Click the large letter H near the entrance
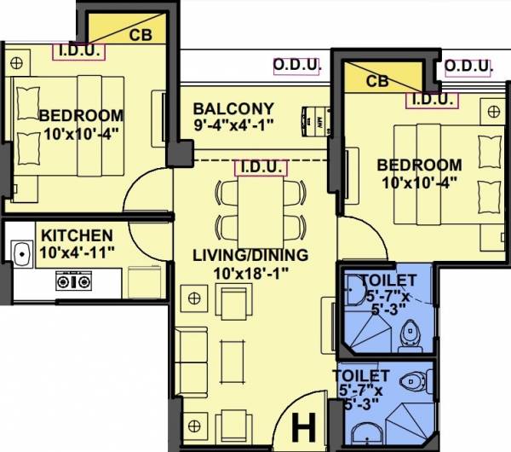click(x=302, y=424)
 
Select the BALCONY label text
click(x=233, y=109)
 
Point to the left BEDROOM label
click(x=81, y=115)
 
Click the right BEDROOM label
click(x=420, y=165)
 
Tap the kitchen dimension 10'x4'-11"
click(x=78, y=252)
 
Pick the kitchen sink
click(x=20, y=253)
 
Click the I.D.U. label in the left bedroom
click(x=79, y=51)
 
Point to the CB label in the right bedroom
click(x=376, y=82)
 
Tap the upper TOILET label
click(x=388, y=280)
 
